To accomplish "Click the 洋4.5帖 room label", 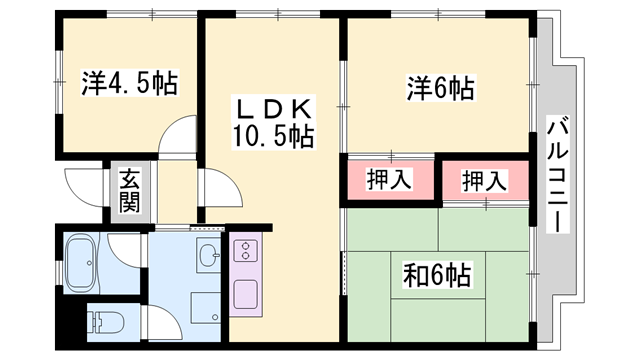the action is pyautogui.click(x=130, y=84).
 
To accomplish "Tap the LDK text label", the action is pyautogui.click(x=273, y=109).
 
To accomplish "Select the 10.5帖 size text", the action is pyautogui.click(x=273, y=136).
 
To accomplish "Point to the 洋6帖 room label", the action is pyautogui.click(x=440, y=88).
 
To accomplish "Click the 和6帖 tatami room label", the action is pyautogui.click(x=437, y=275).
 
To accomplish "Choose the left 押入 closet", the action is pyautogui.click(x=390, y=180).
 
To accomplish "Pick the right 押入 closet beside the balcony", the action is pyautogui.click(x=485, y=181).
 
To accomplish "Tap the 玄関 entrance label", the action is pyautogui.click(x=129, y=191).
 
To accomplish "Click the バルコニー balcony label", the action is pyautogui.click(x=558, y=174).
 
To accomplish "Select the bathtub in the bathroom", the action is pyautogui.click(x=82, y=263).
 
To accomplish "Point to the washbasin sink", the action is pyautogui.click(x=209, y=255).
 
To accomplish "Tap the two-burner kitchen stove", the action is pyautogui.click(x=245, y=251).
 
